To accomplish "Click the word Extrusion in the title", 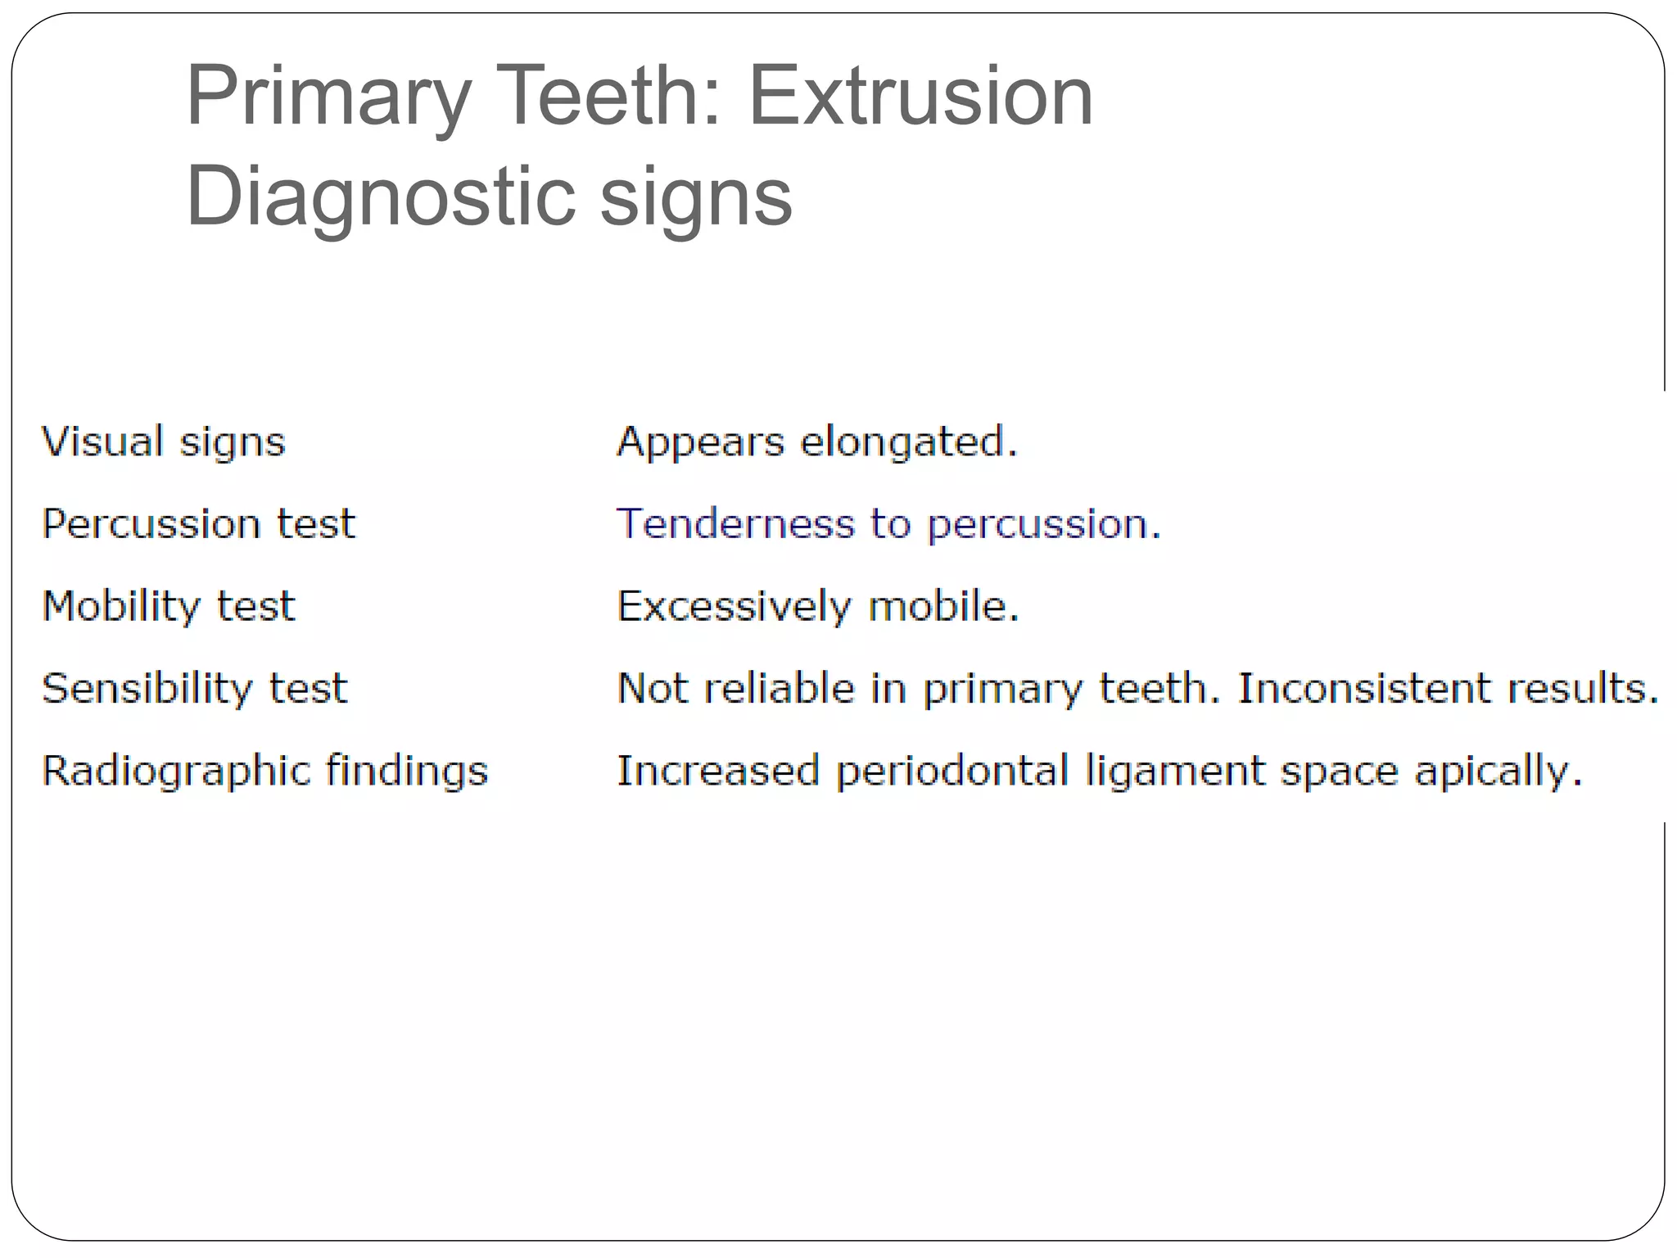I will tap(921, 97).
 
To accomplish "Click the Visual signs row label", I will tap(164, 442).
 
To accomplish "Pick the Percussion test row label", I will tap(199, 524).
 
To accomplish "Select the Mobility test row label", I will tap(169, 607).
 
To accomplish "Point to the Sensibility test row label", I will tap(195, 689).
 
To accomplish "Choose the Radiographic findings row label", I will tap(265, 772).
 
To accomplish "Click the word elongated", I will tap(909, 443).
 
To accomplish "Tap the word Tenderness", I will tap(735, 524).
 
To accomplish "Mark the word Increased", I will tap(718, 772).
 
